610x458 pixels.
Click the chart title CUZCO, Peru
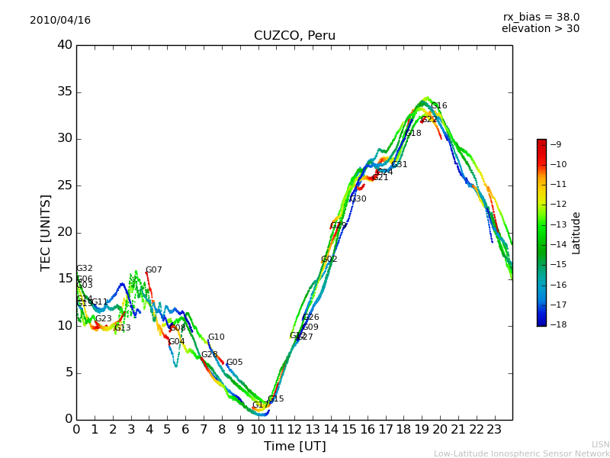pos(294,36)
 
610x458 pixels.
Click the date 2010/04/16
pos(60,21)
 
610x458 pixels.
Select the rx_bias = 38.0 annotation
pos(541,18)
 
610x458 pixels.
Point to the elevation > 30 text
pos(540,29)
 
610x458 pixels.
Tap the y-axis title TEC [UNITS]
pos(46,232)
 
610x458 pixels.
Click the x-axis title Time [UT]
pos(294,447)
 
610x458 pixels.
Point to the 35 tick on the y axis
pos(65,92)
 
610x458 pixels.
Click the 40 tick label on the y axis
pos(65,45)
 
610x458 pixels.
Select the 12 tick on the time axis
pos(294,429)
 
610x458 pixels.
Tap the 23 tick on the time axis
pos(494,429)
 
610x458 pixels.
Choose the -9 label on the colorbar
pos(556,144)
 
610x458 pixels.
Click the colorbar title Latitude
pos(576,233)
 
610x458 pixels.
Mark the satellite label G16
pos(439,106)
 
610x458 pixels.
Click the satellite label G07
pos(154,270)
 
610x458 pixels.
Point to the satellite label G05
pos(235,363)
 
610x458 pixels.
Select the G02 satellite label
pos(329,260)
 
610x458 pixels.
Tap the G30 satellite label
pos(358,199)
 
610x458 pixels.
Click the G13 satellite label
pos(123,328)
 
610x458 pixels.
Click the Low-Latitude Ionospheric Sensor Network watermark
pos(522,454)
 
